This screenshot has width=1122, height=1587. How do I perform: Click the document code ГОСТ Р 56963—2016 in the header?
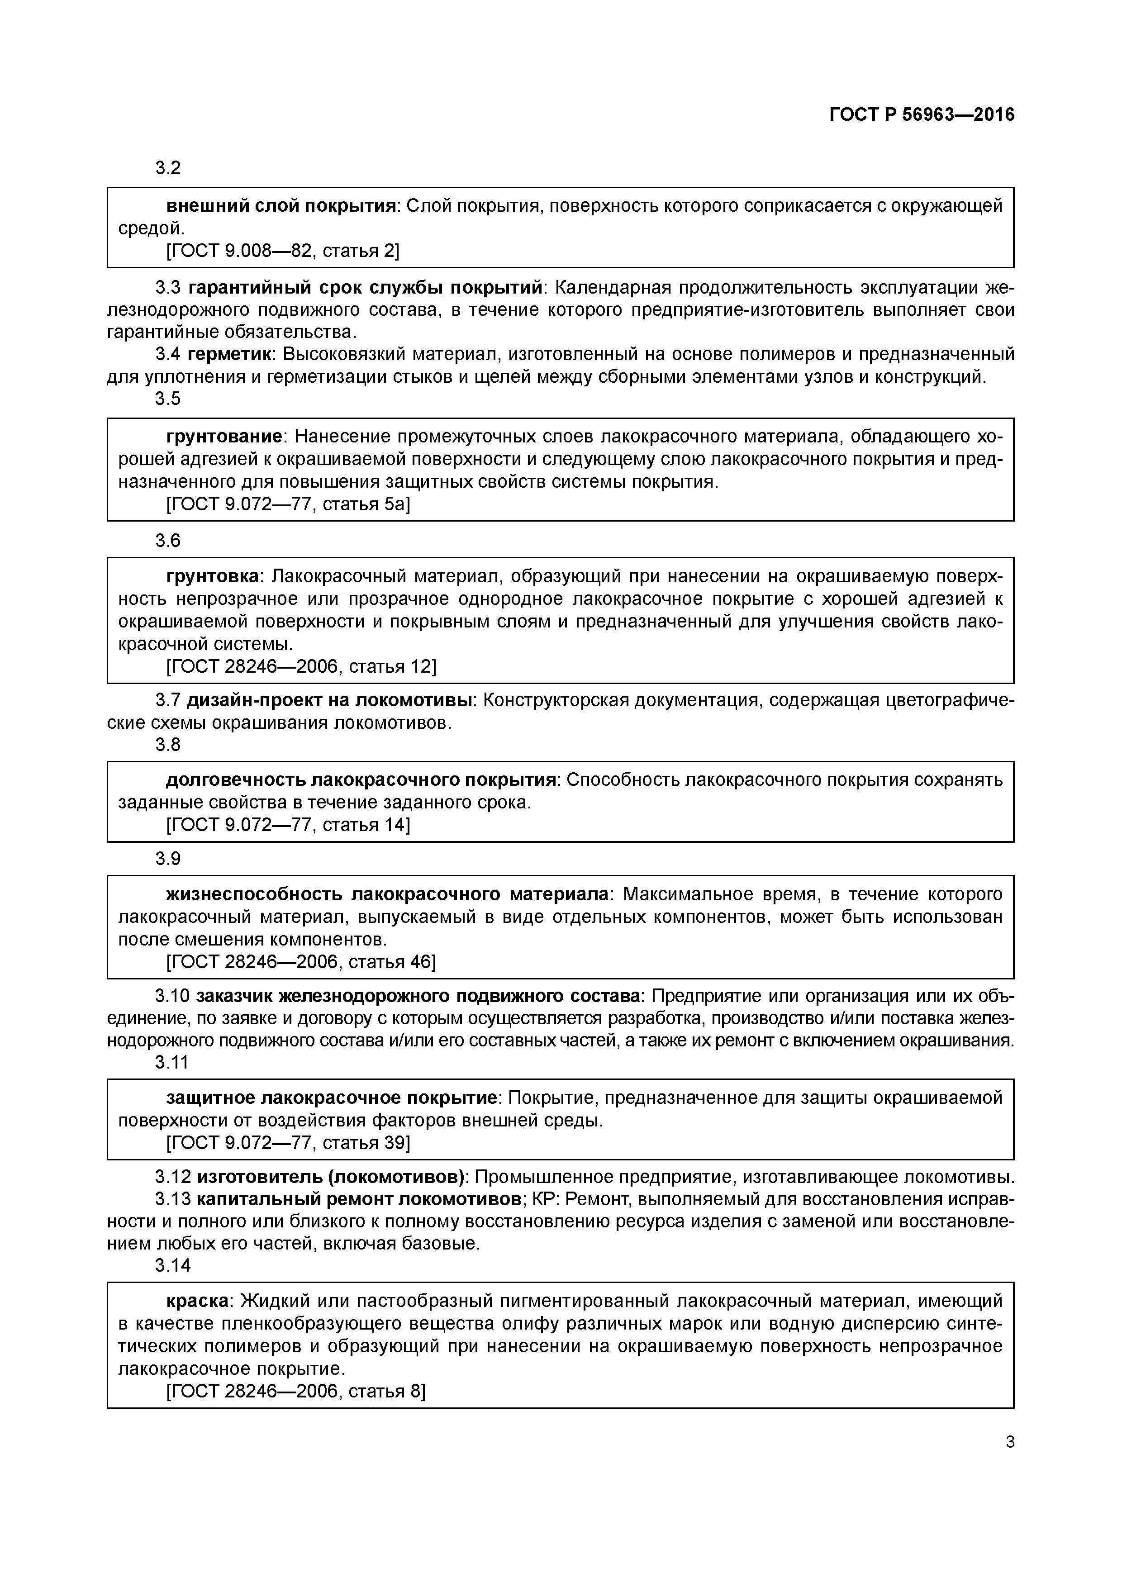[922, 115]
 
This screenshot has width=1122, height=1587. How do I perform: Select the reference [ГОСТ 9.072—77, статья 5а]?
[288, 504]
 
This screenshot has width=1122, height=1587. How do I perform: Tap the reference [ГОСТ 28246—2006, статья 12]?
[301, 666]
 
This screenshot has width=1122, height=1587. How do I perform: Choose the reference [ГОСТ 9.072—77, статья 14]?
[288, 825]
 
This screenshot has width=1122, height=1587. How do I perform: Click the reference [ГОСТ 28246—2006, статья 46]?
[301, 962]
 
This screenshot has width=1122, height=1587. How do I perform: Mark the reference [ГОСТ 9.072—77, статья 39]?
[288, 1143]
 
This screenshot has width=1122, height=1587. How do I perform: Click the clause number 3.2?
[168, 168]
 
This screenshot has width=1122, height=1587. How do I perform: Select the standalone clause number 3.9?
[168, 859]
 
